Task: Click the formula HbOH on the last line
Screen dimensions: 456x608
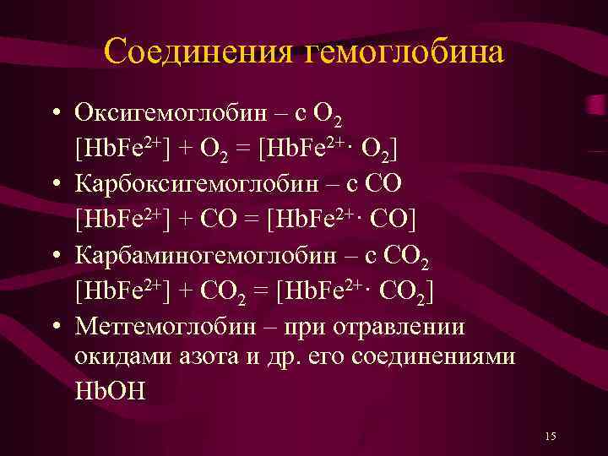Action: tap(110, 393)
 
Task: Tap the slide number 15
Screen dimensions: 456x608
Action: tap(551, 436)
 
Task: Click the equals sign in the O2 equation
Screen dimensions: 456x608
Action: tap(244, 149)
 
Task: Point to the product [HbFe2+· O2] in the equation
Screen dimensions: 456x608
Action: tap(330, 149)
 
